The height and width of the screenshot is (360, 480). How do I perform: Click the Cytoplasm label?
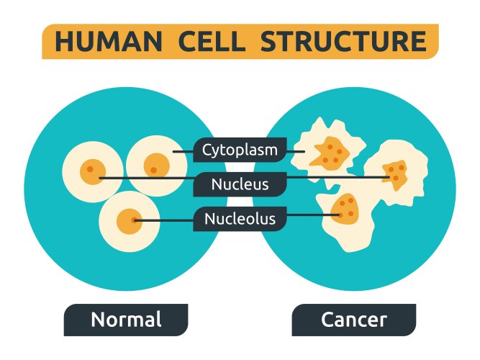click(x=240, y=150)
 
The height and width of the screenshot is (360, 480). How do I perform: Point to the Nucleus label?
click(x=240, y=184)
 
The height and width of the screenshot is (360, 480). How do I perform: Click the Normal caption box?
click(x=126, y=320)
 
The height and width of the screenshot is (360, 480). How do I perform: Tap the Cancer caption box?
click(x=353, y=320)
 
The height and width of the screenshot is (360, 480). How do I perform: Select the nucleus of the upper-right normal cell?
click(x=155, y=166)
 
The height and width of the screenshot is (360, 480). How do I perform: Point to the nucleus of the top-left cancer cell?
click(x=332, y=150)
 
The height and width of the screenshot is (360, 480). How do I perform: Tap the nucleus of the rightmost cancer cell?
click(x=397, y=174)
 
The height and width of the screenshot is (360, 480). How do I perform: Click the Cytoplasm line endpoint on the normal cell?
click(x=175, y=152)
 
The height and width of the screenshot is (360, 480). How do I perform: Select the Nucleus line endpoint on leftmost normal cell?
click(x=101, y=177)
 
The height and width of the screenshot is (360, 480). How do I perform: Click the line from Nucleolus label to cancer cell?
click(x=309, y=215)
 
